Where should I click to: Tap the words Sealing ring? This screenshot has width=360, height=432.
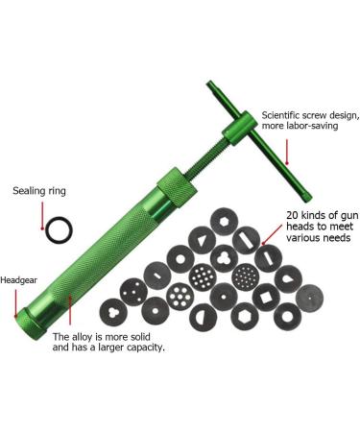click(37, 192)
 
